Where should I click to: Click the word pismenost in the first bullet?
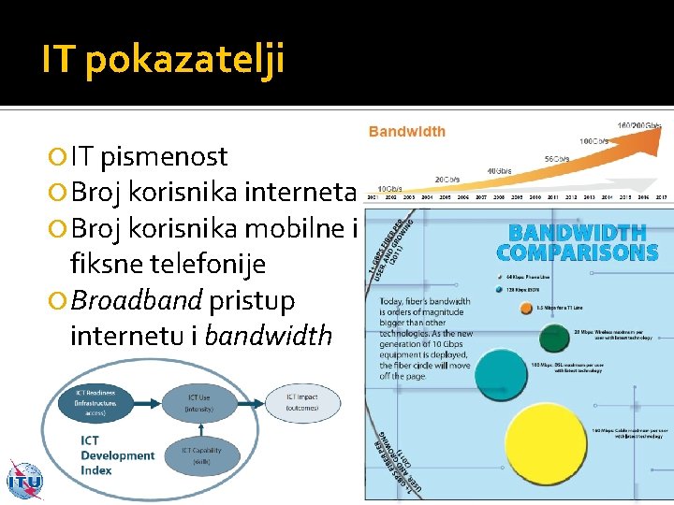coord(164,156)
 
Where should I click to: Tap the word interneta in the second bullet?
coord(300,193)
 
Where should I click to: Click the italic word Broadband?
coord(137,301)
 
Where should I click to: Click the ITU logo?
coord(23,481)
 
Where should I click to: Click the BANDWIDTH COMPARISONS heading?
coord(577,242)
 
